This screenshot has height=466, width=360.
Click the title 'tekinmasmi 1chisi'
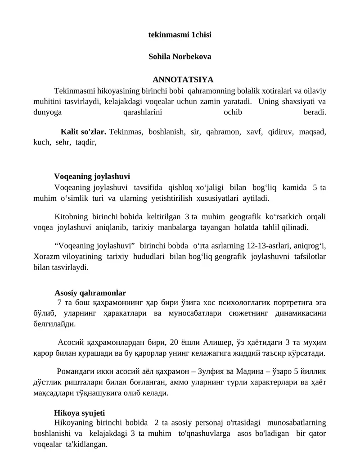(180, 34)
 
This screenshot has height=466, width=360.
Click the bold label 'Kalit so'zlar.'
(83, 132)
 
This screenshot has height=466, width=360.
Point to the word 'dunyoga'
(48, 112)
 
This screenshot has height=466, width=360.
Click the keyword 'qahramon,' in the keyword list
(223, 132)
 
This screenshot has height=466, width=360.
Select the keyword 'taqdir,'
(86, 142)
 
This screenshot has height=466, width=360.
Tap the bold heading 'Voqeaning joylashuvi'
(92, 176)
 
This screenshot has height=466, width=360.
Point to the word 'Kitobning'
(71, 217)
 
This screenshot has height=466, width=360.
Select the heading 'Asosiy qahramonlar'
(90, 292)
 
